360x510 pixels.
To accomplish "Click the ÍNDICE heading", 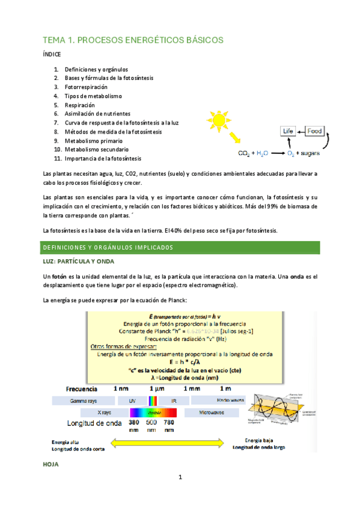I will [52, 54].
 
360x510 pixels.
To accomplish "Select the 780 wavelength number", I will [169, 422].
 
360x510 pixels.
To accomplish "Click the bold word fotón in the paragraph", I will [58, 276].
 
